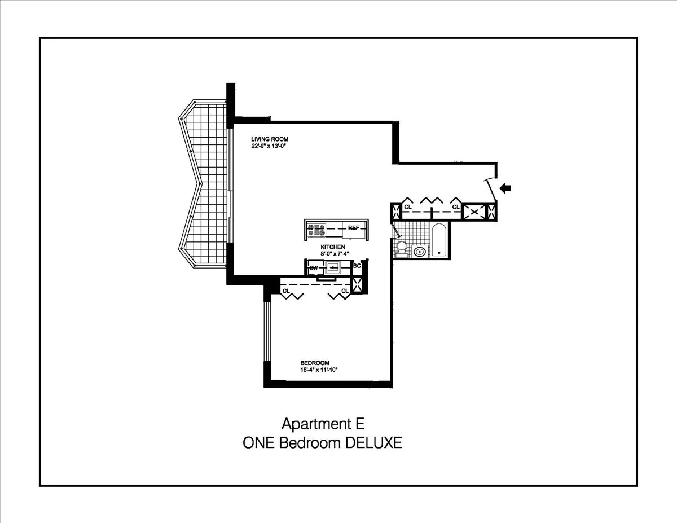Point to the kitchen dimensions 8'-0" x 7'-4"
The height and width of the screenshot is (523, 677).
click(x=333, y=254)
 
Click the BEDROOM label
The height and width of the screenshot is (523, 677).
click(x=314, y=363)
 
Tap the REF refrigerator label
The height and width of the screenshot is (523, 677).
click(x=354, y=228)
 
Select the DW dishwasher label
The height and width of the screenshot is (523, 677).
click(x=313, y=269)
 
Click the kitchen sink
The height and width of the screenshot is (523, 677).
click(x=333, y=268)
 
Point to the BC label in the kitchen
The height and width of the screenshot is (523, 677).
click(x=357, y=266)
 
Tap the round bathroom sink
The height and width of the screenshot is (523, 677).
click(x=420, y=251)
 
